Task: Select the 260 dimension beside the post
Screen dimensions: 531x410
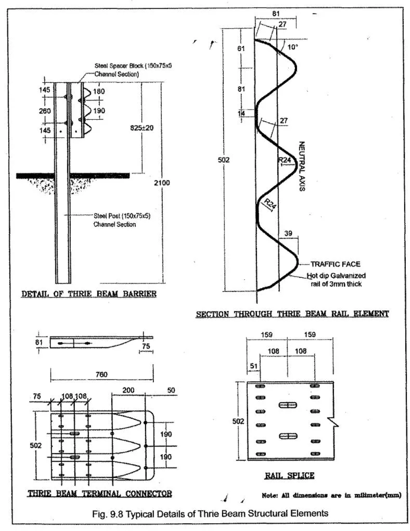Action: point(45,111)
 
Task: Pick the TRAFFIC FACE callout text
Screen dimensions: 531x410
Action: point(336,264)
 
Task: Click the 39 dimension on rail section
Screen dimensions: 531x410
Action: point(288,234)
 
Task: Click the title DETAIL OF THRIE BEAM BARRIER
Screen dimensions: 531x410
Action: point(89,294)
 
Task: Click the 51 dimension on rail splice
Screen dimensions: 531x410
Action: point(253,366)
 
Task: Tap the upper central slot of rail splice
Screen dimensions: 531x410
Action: point(288,405)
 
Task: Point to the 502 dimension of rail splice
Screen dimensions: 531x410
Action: point(238,421)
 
